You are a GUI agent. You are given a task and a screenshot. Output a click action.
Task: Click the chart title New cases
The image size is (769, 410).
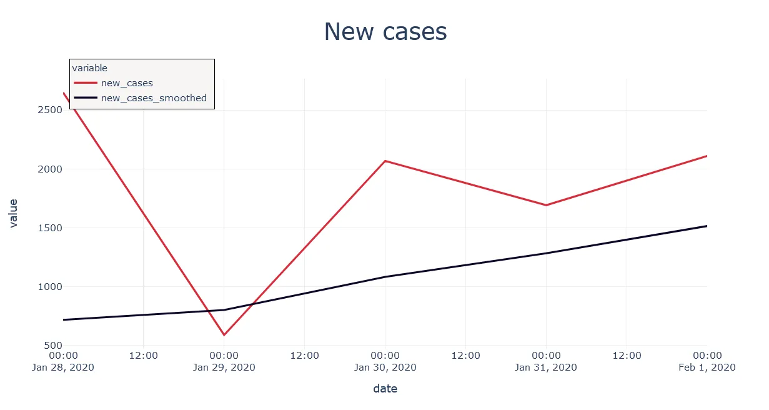tap(385, 32)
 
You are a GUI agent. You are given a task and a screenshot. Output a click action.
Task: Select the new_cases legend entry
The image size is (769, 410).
tap(127, 83)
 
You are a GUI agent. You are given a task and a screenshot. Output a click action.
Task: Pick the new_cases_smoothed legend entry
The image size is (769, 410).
tap(153, 98)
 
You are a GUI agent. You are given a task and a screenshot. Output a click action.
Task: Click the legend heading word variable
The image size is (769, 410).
tap(90, 68)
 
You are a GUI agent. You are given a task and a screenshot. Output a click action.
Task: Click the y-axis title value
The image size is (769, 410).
tap(13, 213)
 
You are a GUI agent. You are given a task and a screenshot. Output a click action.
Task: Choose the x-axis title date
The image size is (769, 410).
tap(385, 389)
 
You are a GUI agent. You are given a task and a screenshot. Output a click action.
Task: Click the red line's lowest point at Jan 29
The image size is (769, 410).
tap(224, 335)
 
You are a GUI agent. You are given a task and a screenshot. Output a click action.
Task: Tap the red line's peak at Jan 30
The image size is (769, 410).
tap(385, 161)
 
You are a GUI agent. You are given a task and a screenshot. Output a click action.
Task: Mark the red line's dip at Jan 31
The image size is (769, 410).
tap(546, 205)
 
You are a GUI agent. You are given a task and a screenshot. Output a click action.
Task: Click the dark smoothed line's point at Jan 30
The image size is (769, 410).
tap(385, 277)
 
